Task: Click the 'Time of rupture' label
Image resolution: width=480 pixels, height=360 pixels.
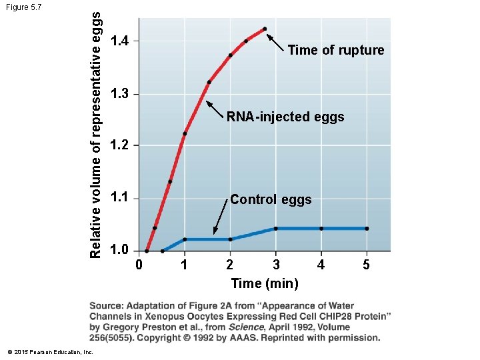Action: [335, 50]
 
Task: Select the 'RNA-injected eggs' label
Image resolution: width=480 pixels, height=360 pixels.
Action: [285, 117]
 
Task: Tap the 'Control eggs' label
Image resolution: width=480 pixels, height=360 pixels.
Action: [271, 199]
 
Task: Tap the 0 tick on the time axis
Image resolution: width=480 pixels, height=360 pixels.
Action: [139, 265]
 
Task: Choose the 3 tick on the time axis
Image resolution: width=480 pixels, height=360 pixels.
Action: [275, 265]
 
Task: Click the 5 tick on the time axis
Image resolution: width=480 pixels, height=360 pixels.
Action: [366, 265]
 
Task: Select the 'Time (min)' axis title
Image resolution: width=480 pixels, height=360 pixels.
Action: [265, 283]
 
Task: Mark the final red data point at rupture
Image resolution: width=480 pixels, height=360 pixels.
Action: [265, 29]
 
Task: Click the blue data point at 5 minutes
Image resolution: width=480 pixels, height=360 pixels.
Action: [367, 229]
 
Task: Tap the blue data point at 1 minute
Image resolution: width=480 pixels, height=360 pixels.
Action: [185, 239]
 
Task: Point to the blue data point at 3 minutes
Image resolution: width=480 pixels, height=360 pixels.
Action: [275, 229]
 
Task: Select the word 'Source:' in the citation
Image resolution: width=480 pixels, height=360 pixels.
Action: [109, 305]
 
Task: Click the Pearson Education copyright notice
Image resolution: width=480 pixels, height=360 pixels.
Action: [47, 351]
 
